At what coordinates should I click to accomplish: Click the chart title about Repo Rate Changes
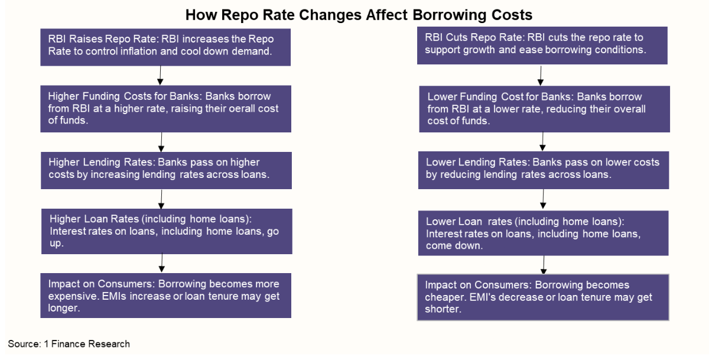point(359,15)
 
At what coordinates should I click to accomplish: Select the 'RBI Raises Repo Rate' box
point(165,47)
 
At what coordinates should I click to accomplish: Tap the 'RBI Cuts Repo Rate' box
point(542,46)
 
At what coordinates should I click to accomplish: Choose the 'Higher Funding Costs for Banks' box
point(166,109)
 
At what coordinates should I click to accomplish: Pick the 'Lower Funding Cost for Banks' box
point(544,109)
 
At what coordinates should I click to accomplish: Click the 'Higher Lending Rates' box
point(166,170)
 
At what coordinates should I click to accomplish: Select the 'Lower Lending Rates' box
point(544,170)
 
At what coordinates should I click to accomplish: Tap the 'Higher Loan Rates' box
point(167,231)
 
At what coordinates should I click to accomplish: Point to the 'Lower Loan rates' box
point(544,233)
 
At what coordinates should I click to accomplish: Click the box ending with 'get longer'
point(166,296)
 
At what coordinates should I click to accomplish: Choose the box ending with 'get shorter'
point(543,297)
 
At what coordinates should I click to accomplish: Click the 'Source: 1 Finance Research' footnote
point(69,344)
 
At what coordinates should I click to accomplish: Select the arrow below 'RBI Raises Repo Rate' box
point(160,75)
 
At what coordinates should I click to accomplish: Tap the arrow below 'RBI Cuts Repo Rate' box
point(541,76)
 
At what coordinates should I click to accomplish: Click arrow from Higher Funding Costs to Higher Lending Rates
point(161,142)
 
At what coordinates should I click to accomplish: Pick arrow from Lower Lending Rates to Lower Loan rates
point(543,199)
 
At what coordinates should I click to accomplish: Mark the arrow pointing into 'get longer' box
point(162,262)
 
